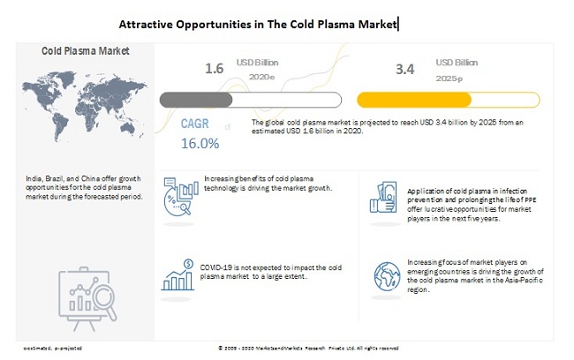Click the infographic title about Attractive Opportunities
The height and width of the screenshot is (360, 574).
(259, 24)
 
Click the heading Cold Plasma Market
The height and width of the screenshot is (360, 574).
(86, 50)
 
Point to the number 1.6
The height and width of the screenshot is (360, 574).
(215, 68)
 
